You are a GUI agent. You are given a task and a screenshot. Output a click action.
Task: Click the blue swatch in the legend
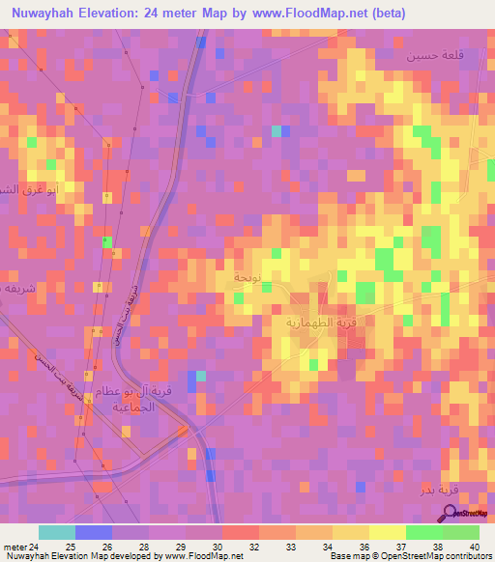click(x=94, y=532)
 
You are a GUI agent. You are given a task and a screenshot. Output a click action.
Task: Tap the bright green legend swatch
click(x=424, y=532)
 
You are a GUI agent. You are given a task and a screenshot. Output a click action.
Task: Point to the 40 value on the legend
click(x=474, y=546)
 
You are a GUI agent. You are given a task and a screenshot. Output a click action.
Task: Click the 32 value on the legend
click(x=253, y=546)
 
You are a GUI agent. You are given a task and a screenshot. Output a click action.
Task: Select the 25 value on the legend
click(x=70, y=546)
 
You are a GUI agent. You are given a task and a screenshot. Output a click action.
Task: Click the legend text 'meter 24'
click(x=20, y=546)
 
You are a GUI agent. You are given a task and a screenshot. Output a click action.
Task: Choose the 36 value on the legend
click(x=364, y=546)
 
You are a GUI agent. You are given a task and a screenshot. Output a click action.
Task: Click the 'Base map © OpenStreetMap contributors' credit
click(x=409, y=556)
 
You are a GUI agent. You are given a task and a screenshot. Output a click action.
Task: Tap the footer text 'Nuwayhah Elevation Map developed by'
click(x=81, y=556)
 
